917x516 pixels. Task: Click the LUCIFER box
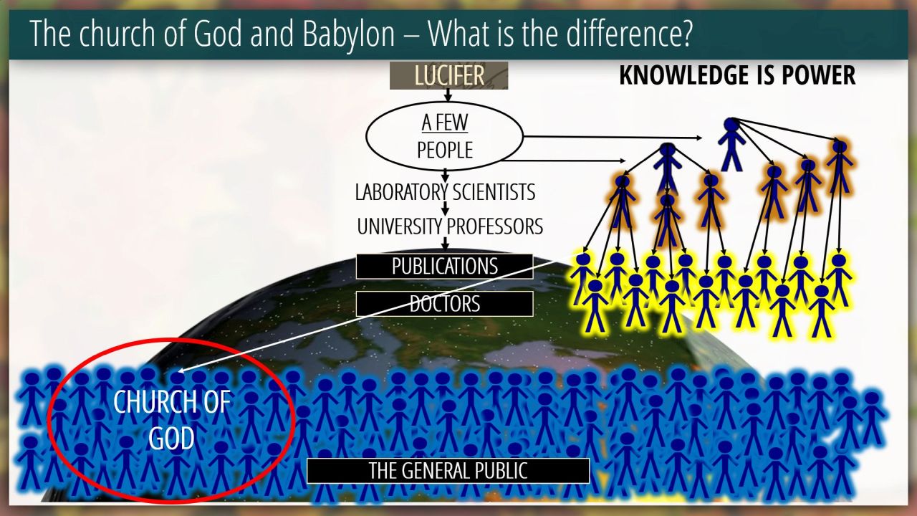click(448, 75)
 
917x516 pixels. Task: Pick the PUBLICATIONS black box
click(445, 267)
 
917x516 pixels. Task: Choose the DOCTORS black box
click(445, 304)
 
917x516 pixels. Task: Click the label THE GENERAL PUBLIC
click(448, 471)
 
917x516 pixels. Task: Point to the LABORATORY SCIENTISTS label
click(445, 192)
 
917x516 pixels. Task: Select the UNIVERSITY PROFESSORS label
click(450, 226)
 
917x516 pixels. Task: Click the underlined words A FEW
click(445, 123)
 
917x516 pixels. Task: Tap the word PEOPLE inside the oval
click(445, 150)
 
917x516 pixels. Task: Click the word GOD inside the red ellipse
click(171, 439)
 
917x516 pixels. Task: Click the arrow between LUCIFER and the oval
click(448, 95)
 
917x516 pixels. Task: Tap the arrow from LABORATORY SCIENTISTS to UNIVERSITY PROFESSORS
click(445, 209)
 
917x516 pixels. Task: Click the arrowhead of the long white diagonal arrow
click(182, 371)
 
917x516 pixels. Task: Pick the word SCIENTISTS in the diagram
click(494, 192)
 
